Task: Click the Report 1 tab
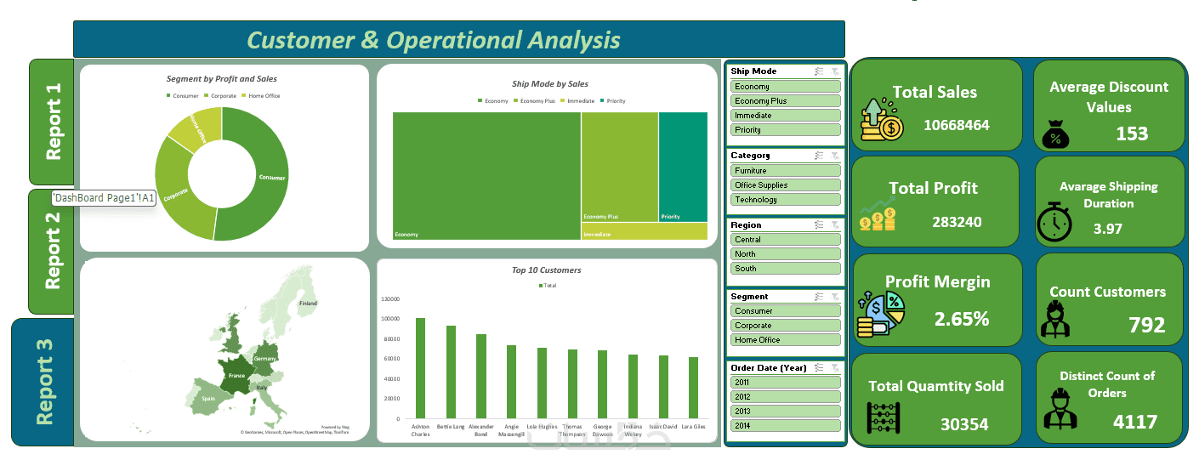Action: point(52,122)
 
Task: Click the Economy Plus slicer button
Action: point(785,101)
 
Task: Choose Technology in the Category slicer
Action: point(785,200)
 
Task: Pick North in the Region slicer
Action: point(785,254)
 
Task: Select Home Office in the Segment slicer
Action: point(785,340)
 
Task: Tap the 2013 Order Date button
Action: point(785,411)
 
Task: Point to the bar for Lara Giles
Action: point(693,388)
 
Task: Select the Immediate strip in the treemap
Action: point(644,231)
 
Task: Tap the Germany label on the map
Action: point(264,360)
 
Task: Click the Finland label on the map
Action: point(307,304)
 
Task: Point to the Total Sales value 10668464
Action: point(957,125)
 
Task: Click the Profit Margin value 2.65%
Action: point(961,319)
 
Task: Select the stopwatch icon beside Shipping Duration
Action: point(1054,223)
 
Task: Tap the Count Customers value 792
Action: point(1146,325)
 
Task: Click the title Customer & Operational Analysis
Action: point(434,40)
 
